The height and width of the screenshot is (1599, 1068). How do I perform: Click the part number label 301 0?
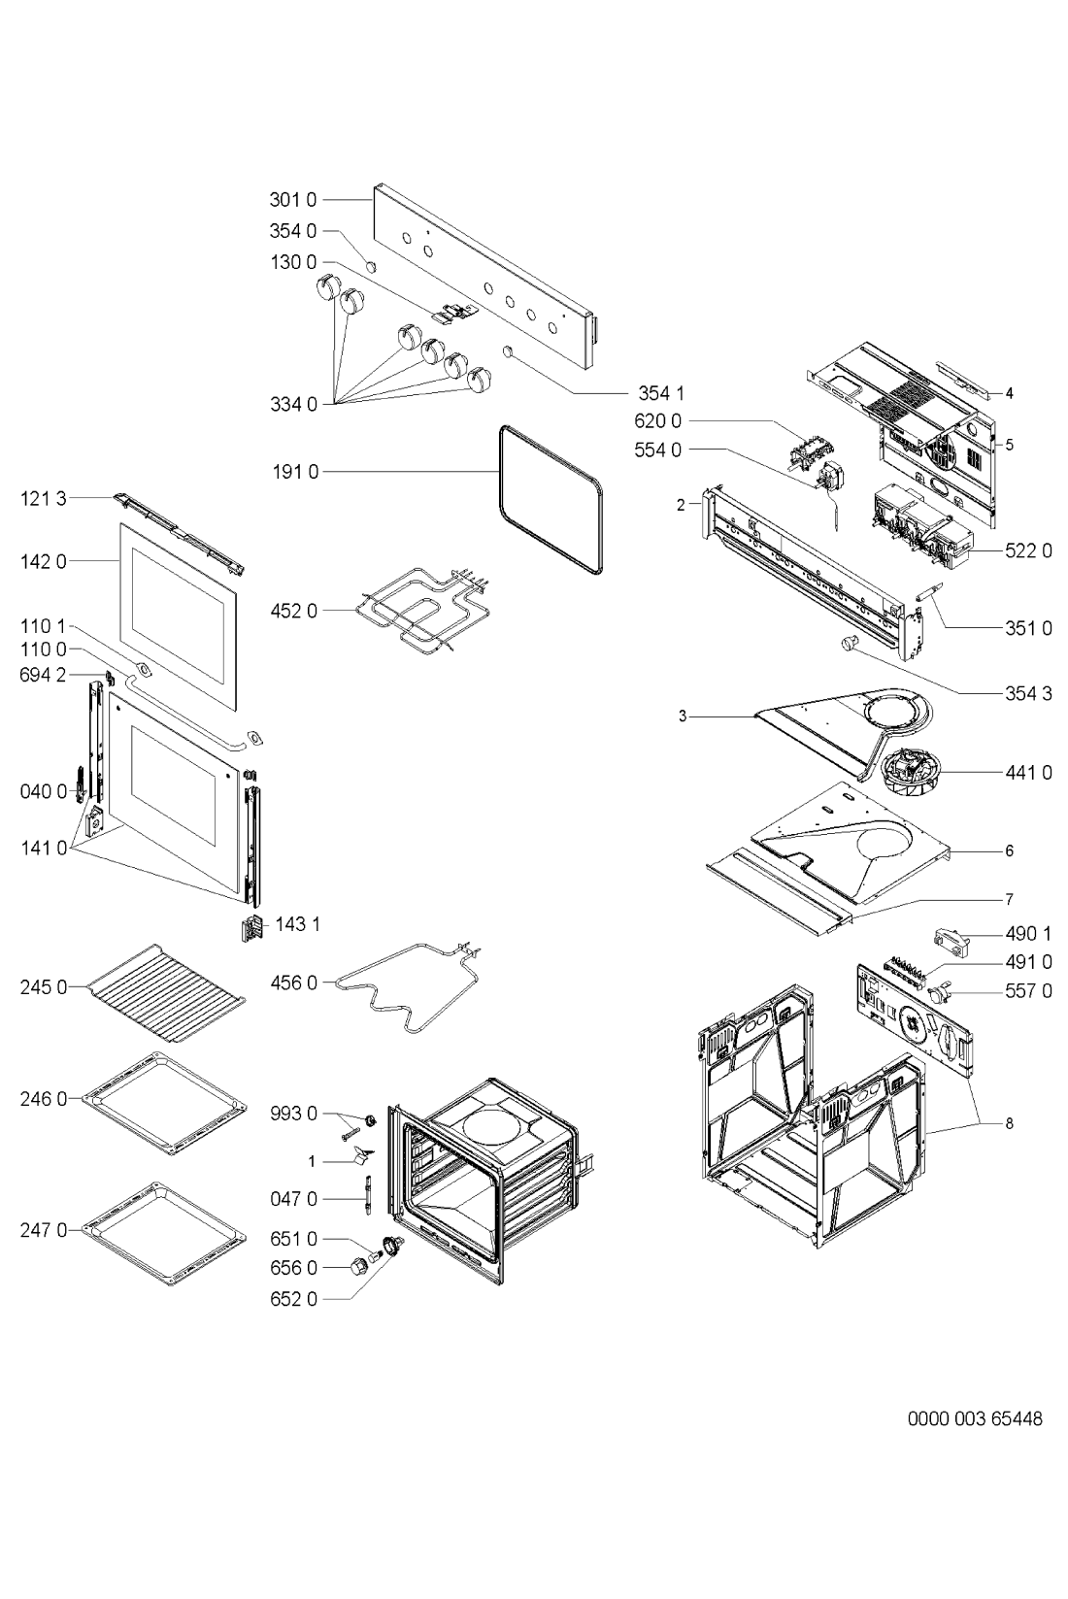pyautogui.click(x=293, y=201)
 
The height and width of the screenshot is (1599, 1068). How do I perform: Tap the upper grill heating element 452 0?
pyautogui.click(x=417, y=612)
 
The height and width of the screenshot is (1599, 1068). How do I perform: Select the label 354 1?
pyautogui.click(x=661, y=393)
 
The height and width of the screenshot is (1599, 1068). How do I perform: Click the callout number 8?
pyautogui.click(x=1009, y=1123)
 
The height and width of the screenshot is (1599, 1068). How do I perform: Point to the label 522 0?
pyautogui.click(x=1028, y=550)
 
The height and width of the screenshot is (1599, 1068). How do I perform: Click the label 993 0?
pyautogui.click(x=293, y=1114)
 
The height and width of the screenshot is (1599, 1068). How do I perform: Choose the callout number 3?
pyautogui.click(x=683, y=716)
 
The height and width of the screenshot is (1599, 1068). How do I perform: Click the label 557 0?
pyautogui.click(x=1028, y=991)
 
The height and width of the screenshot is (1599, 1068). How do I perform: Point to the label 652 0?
pyautogui.click(x=293, y=1298)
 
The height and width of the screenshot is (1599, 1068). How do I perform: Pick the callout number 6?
pyautogui.click(x=1009, y=850)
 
